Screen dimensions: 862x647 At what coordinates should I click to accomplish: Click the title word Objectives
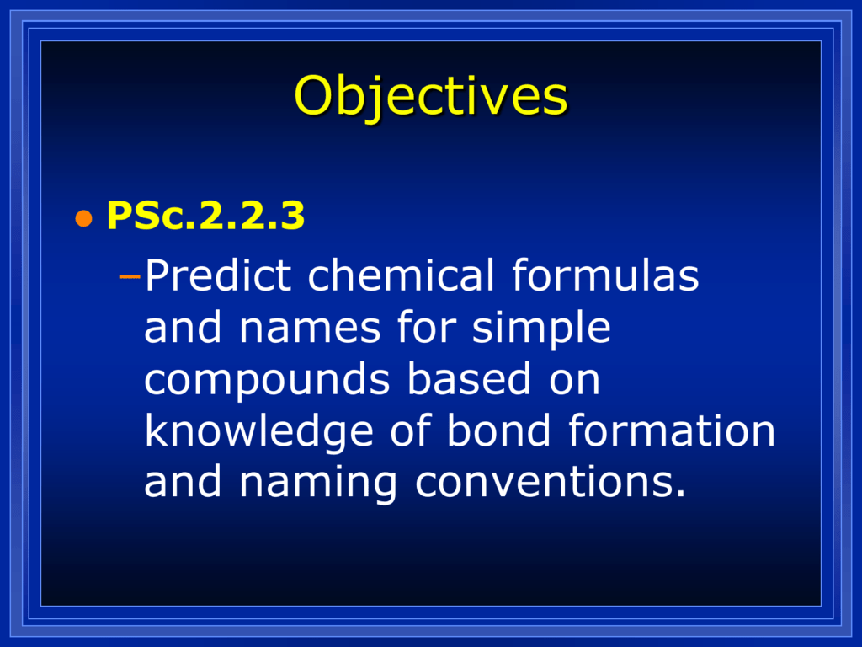point(430,97)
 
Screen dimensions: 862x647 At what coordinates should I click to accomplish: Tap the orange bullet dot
point(83,218)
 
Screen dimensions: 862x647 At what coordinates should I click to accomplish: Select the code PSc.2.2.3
point(205,215)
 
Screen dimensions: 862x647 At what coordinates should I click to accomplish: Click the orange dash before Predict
point(130,276)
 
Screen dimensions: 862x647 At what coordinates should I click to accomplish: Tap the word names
point(310,328)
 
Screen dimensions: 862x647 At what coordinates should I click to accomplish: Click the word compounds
point(267,380)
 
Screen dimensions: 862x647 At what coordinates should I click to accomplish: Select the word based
point(469,378)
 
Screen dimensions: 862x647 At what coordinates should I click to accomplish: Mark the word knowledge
point(258,432)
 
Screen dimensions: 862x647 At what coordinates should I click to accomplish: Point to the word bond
point(498,430)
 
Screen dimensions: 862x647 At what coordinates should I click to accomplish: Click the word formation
point(671,430)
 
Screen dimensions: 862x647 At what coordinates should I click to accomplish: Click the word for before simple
point(427,327)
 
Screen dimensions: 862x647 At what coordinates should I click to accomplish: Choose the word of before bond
point(410,430)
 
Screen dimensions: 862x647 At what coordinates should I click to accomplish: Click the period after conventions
point(680,494)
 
